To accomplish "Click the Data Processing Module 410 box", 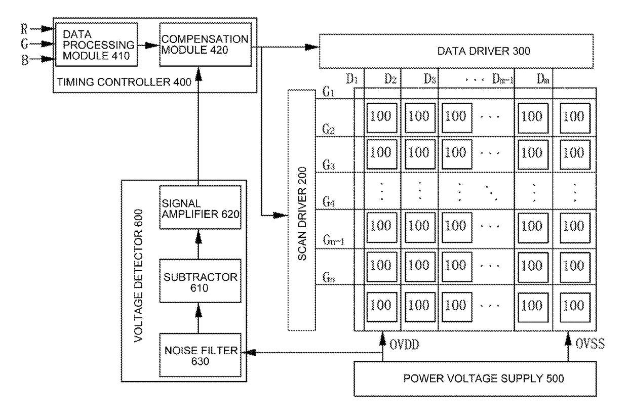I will click(x=98, y=45).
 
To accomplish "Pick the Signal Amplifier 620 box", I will click(x=199, y=207).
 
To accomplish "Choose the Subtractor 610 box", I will click(x=199, y=281).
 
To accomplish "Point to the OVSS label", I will click(x=590, y=345).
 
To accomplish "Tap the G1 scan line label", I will click(x=327, y=93).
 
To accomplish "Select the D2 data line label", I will click(x=389, y=78).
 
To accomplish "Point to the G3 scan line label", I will click(x=328, y=165).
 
